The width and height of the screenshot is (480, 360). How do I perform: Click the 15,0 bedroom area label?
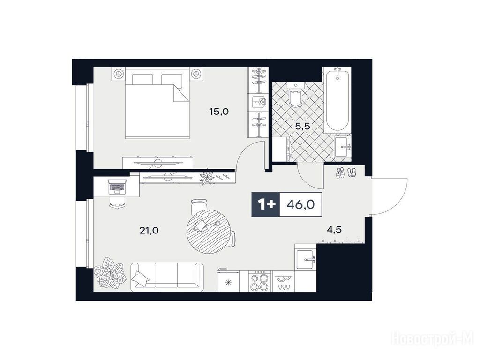coord(219,112)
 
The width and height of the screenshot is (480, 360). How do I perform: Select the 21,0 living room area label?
coord(149,230)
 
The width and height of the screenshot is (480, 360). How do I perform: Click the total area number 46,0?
coord(300,205)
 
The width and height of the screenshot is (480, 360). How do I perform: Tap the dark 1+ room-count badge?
coord(266,205)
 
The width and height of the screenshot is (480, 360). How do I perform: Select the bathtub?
coord(337,101)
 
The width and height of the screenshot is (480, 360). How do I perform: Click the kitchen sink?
coord(305,259)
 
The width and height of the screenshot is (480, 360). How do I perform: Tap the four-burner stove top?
coord(260,281)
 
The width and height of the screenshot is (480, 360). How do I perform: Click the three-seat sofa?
coord(167,277)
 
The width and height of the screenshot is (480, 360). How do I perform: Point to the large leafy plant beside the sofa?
coord(110,272)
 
